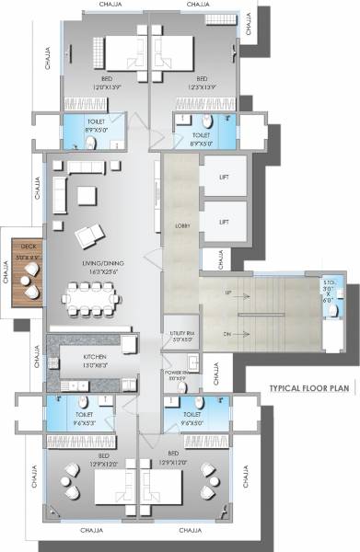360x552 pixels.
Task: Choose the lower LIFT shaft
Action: pos(224,221)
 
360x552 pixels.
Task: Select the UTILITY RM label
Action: pos(180,332)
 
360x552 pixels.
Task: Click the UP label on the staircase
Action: pos(227,293)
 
